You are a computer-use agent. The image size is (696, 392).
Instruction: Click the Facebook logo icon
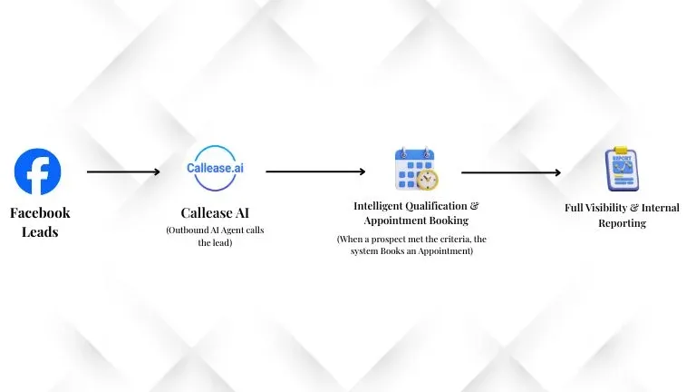click(38, 172)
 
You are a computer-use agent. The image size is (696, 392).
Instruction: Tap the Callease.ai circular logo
click(215, 169)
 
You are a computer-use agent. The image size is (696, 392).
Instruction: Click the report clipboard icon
click(621, 169)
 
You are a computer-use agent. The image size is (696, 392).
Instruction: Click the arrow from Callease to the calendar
click(315, 171)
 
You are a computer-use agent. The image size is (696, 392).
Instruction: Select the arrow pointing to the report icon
click(511, 172)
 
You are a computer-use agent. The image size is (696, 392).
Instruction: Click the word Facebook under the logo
click(40, 213)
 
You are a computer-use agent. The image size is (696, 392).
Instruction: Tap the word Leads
click(40, 231)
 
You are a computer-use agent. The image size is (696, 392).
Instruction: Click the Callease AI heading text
click(216, 214)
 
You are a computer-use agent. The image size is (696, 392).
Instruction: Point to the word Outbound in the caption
click(188, 230)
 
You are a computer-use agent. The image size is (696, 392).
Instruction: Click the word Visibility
click(612, 209)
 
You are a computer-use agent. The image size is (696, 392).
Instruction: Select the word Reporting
click(622, 223)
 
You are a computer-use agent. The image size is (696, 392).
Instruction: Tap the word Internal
click(659, 209)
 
